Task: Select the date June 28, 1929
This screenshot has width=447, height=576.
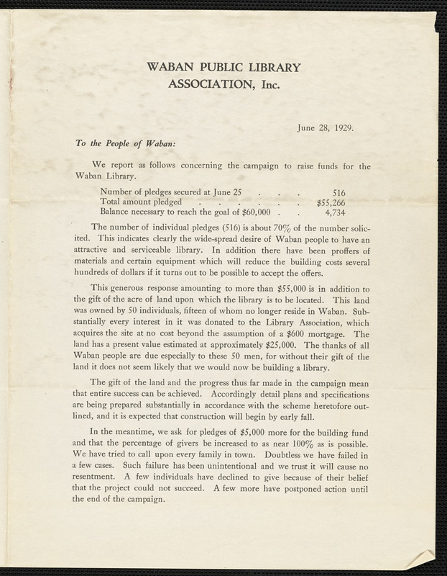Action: coord(326,129)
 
